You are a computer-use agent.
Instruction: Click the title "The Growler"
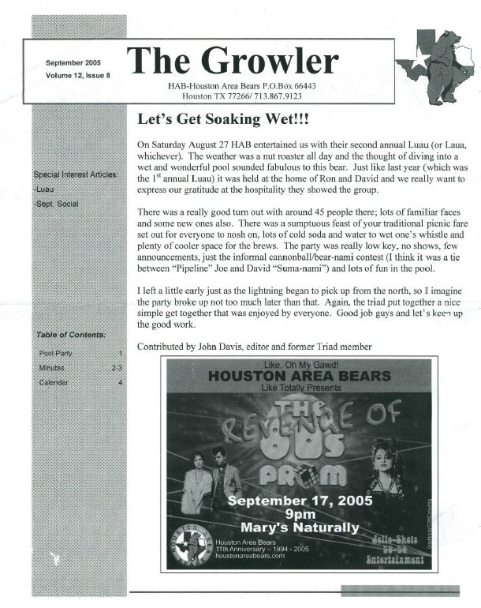(232, 61)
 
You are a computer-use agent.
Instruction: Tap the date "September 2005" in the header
(73, 62)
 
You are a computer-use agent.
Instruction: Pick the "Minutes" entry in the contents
(54, 369)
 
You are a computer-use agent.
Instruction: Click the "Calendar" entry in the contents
(55, 383)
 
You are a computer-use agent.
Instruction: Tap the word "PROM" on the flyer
(305, 474)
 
